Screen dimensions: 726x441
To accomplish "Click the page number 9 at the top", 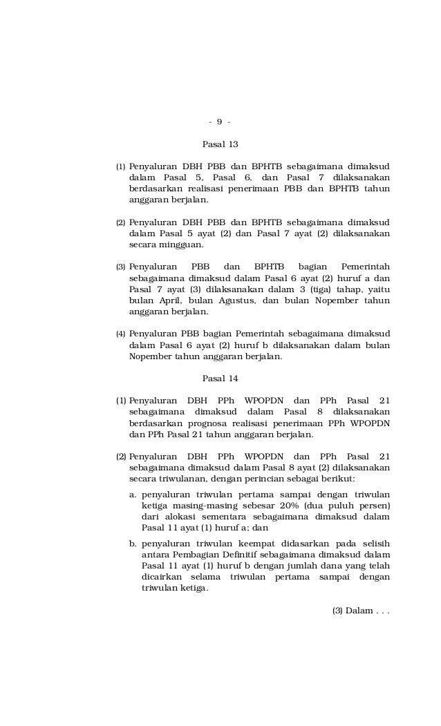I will [219, 122].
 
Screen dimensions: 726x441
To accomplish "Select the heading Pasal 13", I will [220, 145].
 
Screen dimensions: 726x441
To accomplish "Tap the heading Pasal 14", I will [220, 378].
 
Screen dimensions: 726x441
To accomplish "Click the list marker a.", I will [133, 495].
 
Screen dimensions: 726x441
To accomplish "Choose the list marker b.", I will [133, 542].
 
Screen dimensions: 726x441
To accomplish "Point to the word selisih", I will [374, 542].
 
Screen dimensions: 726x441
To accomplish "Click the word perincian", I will [264, 479].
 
